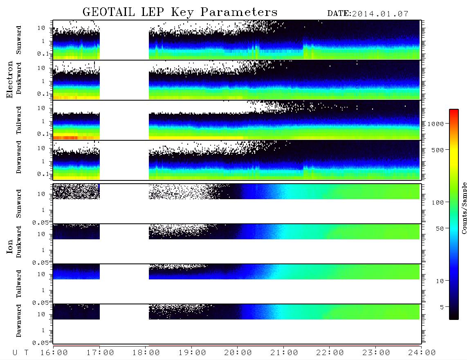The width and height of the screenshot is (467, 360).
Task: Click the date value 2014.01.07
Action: tap(380, 14)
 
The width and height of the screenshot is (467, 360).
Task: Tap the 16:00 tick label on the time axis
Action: tap(54, 353)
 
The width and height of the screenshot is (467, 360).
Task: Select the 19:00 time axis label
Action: tap(192, 353)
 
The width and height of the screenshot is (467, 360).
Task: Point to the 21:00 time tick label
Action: tap(284, 353)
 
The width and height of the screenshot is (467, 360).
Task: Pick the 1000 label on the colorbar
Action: tap(436, 124)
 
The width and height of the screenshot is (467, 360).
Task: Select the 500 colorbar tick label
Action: tap(438, 150)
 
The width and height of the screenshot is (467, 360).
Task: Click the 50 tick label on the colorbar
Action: tap(440, 229)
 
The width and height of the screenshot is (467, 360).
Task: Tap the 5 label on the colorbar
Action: tap(442, 307)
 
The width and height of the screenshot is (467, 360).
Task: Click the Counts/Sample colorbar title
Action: tap(464, 208)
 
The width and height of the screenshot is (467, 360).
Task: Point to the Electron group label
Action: tap(9, 79)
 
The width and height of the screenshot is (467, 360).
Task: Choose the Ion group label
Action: tap(9, 246)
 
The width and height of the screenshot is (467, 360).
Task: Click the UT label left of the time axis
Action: tap(20, 353)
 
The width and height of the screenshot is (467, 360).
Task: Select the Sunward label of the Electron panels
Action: tap(19, 40)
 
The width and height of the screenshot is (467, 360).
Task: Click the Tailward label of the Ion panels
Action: tap(19, 284)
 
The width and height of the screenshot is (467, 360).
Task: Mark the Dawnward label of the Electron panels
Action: tap(19, 157)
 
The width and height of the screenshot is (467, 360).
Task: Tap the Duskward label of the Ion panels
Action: tap(19, 242)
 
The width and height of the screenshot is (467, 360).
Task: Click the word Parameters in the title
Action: tap(239, 12)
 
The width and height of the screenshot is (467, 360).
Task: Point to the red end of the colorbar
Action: tap(454, 111)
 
